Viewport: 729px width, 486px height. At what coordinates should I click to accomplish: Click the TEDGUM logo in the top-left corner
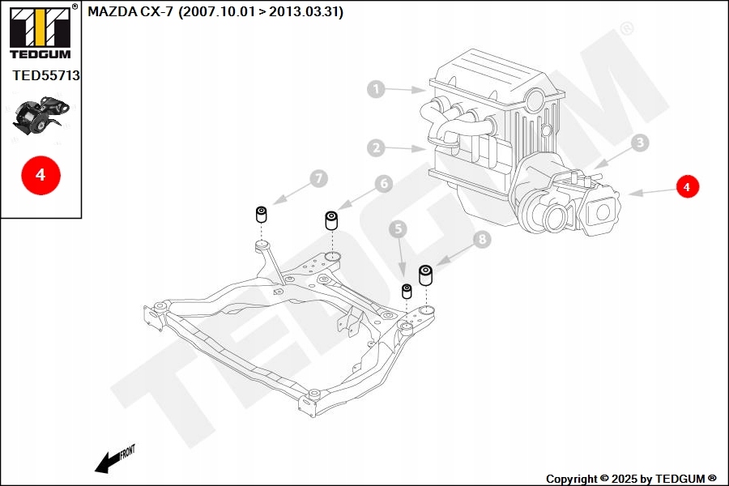(40, 32)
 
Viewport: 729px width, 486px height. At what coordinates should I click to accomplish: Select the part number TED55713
(46, 75)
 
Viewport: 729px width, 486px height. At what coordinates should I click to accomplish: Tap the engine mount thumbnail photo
(42, 118)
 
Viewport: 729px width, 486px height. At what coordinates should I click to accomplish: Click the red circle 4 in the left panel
(40, 173)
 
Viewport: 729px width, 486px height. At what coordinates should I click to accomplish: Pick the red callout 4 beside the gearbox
(687, 186)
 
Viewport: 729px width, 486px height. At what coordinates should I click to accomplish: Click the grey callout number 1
(376, 89)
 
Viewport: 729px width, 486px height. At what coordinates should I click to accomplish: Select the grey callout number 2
(375, 147)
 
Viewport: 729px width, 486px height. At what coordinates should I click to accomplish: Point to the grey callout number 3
(640, 143)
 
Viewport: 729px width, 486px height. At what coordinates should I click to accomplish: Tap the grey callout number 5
(397, 230)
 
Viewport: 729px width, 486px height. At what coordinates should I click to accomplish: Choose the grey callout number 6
(383, 184)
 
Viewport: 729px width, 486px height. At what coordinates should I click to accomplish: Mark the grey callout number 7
(318, 177)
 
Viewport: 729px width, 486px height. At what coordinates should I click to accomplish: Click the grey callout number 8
(482, 239)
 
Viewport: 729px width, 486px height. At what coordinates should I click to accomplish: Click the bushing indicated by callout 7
(262, 215)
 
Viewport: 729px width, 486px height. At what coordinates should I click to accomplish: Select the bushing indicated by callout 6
(331, 220)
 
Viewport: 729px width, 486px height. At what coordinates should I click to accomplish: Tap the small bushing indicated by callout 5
(407, 290)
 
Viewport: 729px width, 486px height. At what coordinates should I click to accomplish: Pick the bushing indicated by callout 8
(426, 275)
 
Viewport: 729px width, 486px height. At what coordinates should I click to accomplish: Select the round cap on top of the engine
(535, 100)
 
